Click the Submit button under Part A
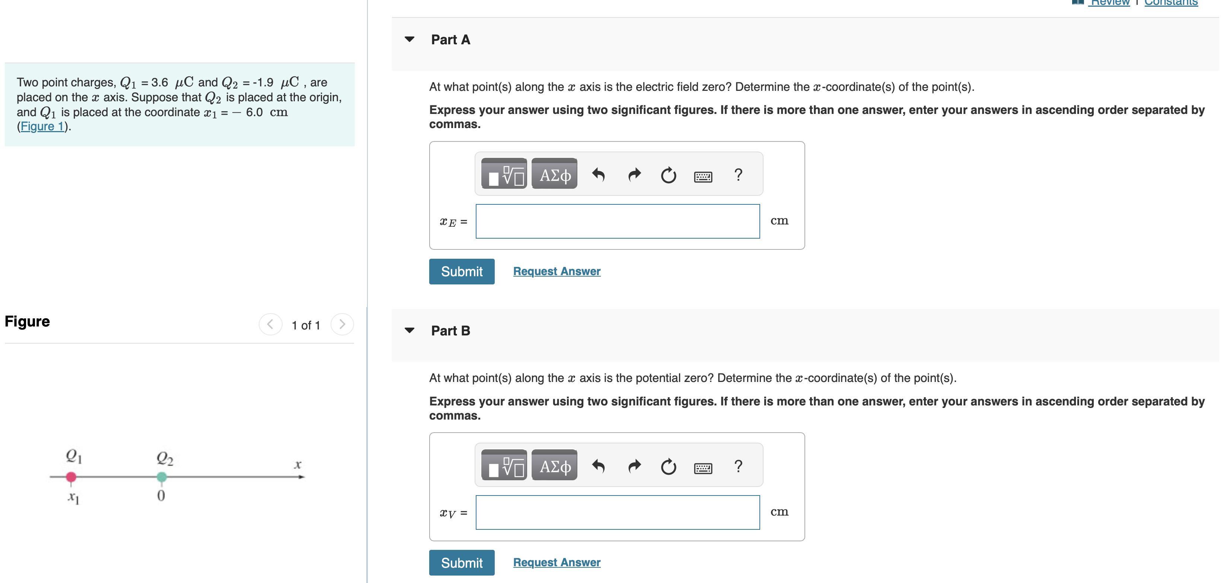[x=461, y=271]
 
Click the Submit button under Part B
[x=461, y=563]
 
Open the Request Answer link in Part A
[x=557, y=271]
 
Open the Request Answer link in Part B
[x=557, y=563]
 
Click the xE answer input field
[x=617, y=222]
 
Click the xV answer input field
[x=617, y=513]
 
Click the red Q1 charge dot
[x=71, y=477]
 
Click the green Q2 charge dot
[x=162, y=477]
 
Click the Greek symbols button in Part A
[x=554, y=175]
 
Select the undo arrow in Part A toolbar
[x=598, y=175]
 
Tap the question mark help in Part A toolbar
[x=738, y=175]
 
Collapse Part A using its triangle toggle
[x=409, y=39]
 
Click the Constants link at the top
[x=1171, y=3]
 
